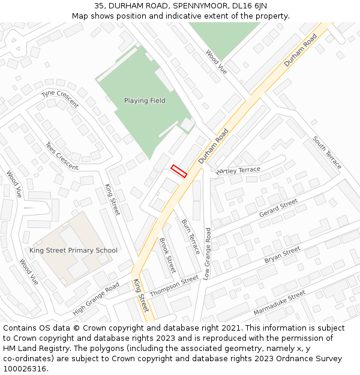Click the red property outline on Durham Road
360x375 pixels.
click(x=179, y=171)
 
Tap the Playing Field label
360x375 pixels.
click(x=145, y=101)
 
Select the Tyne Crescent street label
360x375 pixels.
click(x=60, y=99)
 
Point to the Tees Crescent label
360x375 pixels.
click(x=62, y=156)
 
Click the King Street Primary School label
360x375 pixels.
click(x=73, y=250)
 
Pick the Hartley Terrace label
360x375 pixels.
click(x=238, y=170)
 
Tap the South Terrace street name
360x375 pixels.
click(x=327, y=152)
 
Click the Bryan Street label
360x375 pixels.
click(x=282, y=255)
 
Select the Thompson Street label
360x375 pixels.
click(x=174, y=286)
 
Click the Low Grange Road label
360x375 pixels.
click(x=207, y=253)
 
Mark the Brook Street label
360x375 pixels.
click(x=167, y=255)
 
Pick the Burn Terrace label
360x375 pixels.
click(x=190, y=237)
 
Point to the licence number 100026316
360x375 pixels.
click(x=26, y=369)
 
